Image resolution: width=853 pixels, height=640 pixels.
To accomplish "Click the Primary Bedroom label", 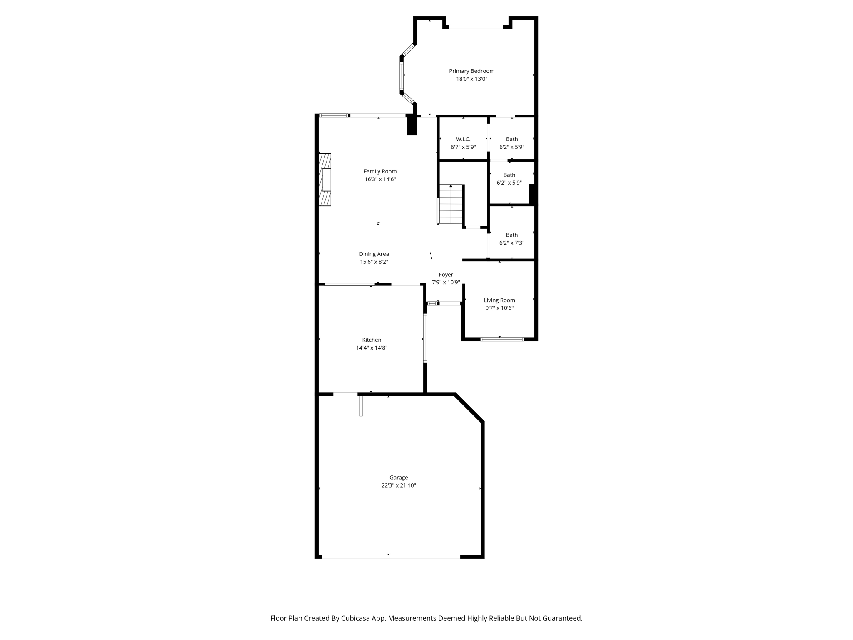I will click(471, 71).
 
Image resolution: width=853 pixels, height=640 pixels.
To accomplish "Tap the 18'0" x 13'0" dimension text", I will click(471, 79).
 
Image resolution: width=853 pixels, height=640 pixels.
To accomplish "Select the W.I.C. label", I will click(463, 139).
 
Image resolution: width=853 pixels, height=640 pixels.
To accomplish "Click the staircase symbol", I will click(451, 204).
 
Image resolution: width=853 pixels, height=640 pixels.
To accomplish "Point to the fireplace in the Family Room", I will click(325, 180).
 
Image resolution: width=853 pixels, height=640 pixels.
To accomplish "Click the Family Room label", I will click(380, 171).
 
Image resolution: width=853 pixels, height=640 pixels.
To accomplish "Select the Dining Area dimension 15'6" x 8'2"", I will click(374, 262).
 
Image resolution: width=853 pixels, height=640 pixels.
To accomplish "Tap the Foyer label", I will click(446, 275).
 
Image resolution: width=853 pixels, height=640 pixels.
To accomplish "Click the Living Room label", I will click(499, 300).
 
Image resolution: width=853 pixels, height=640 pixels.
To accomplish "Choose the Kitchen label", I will click(372, 340).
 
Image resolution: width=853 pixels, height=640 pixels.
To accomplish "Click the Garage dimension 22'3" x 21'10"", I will click(399, 485).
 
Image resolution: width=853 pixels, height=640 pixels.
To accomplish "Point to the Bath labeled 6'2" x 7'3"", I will click(512, 239).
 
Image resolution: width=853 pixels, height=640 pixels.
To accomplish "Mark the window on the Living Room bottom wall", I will click(502, 339).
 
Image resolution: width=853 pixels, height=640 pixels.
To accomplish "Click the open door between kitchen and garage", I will click(361, 405).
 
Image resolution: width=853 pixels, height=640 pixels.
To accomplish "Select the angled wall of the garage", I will click(469, 408).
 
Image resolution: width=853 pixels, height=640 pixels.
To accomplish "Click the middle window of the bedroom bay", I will click(402, 76).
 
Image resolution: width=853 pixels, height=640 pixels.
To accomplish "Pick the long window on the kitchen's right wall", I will click(425, 338).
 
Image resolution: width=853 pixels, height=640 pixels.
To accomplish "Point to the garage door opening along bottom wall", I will click(391, 557).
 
